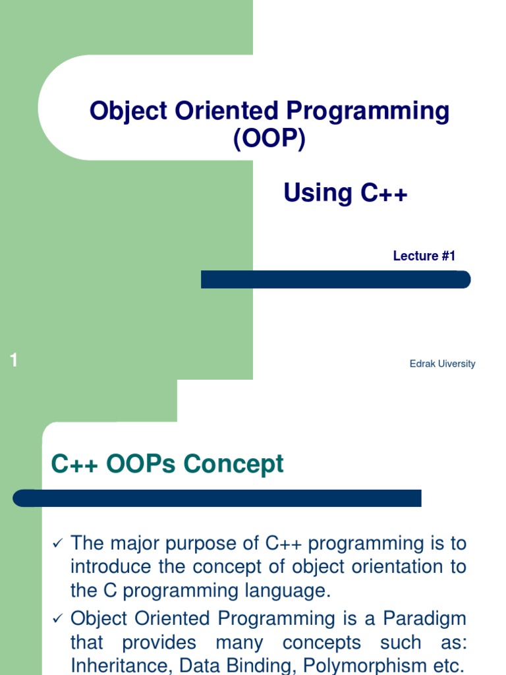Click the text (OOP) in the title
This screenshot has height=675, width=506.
coord(269,138)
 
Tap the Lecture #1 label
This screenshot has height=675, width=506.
coord(424,256)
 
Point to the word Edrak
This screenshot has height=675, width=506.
coord(422,364)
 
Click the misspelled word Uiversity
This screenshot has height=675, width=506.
coord(457,364)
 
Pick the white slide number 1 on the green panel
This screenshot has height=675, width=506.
coord(14,360)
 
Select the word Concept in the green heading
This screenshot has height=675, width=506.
coord(234,464)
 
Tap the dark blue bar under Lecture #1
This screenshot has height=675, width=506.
coord(335,279)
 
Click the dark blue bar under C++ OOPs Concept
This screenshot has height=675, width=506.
coord(217,498)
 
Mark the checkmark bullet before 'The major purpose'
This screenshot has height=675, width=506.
coord(58,543)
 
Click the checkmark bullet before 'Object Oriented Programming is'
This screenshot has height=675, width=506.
coord(58,618)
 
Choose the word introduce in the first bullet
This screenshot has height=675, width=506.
coord(111,566)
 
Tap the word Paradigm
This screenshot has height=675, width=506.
coord(425,619)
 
